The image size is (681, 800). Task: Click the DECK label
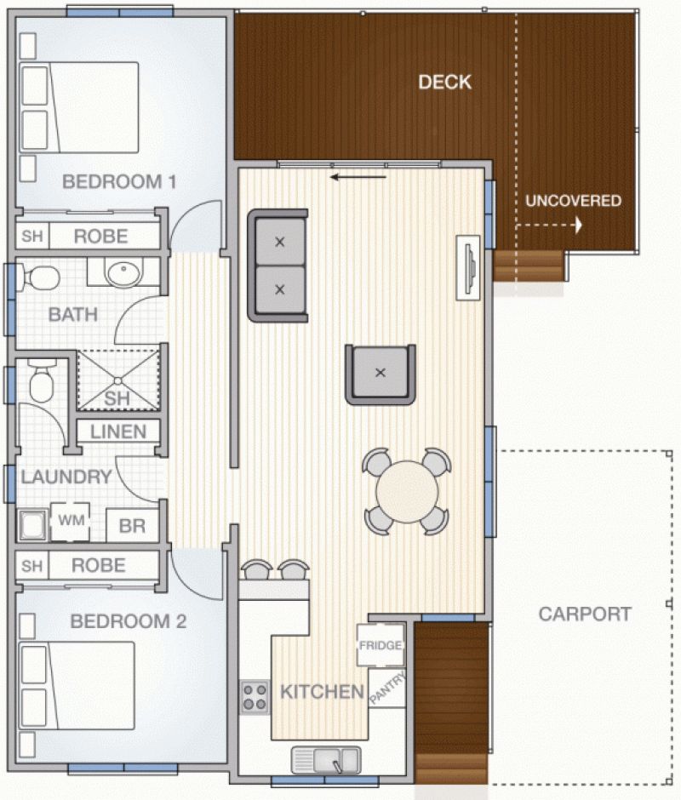pos(444,83)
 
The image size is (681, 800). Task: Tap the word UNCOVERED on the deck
pos(573,201)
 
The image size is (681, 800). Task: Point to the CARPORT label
pos(585,614)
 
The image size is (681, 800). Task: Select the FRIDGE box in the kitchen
pos(381,645)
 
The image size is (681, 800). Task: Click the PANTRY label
pos(388,688)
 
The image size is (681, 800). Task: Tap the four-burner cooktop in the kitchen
pos(255,697)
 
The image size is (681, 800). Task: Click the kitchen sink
pos(326,760)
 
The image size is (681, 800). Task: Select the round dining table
pos(407,491)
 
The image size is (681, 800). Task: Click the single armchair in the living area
pos(381,374)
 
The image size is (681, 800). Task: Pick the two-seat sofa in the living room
pos(278,266)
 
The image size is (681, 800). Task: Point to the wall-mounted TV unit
pos(467,267)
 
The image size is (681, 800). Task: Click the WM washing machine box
pos(71,522)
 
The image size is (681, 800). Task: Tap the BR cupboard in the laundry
pos(132,525)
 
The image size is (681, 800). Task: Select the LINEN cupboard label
pos(118,432)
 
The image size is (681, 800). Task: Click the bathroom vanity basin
pos(123,273)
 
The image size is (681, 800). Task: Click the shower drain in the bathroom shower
pos(118,380)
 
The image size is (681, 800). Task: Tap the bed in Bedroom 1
pos(79,107)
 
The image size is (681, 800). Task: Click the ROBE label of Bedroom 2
pos(99,565)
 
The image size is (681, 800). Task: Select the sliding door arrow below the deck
pos(358,178)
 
